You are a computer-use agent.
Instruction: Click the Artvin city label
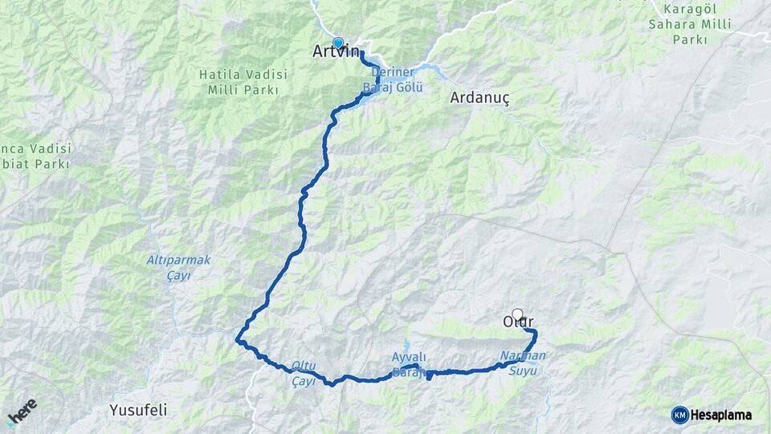336,52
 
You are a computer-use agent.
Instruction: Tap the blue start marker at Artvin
338,43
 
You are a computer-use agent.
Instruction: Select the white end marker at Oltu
517,315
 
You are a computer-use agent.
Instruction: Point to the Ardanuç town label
479,97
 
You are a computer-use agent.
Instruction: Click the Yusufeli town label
138,410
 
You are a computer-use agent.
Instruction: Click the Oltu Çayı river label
304,375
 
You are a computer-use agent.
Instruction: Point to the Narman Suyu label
522,362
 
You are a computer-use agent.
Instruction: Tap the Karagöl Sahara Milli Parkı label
689,24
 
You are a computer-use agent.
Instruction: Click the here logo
22,411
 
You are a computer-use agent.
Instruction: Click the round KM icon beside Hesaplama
679,415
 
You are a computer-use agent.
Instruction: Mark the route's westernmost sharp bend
239,340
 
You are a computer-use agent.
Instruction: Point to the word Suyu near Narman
522,371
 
